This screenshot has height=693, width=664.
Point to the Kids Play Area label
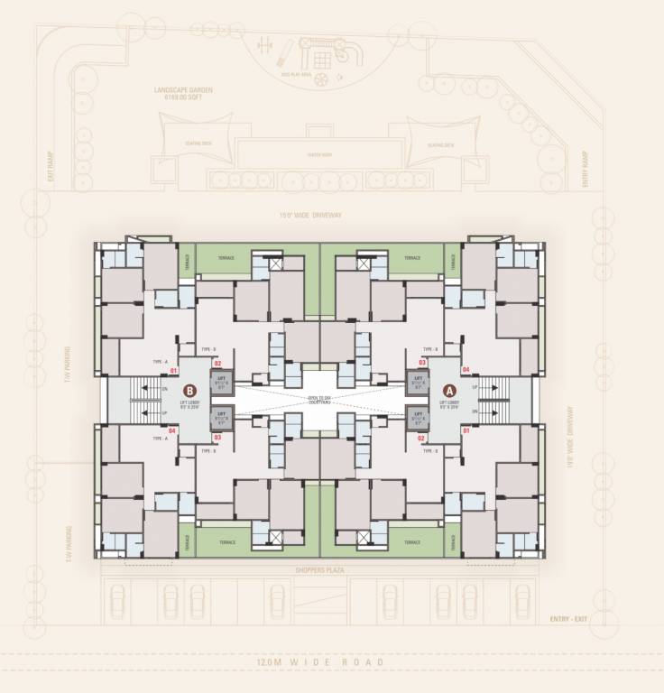[294, 75]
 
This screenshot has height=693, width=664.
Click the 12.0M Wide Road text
[320, 662]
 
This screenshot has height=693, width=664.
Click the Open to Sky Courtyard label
[320, 398]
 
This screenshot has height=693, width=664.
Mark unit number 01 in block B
[172, 370]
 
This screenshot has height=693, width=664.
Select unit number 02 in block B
[217, 363]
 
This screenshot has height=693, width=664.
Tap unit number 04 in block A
[466, 370]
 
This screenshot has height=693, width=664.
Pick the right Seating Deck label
[441, 145]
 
